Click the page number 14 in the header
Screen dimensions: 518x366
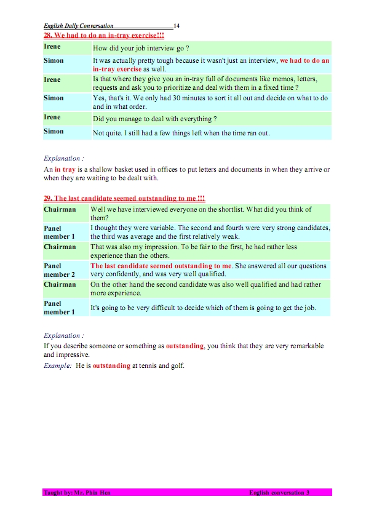coord(177,26)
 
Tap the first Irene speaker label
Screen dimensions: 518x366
coord(52,47)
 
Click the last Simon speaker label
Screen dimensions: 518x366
coord(54,132)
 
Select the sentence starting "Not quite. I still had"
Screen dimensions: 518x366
coord(181,133)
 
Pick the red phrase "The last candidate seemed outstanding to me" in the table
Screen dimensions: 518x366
coord(162,266)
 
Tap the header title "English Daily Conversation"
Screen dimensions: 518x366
coord(78,26)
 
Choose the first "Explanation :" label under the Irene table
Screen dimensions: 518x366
coord(64,158)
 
